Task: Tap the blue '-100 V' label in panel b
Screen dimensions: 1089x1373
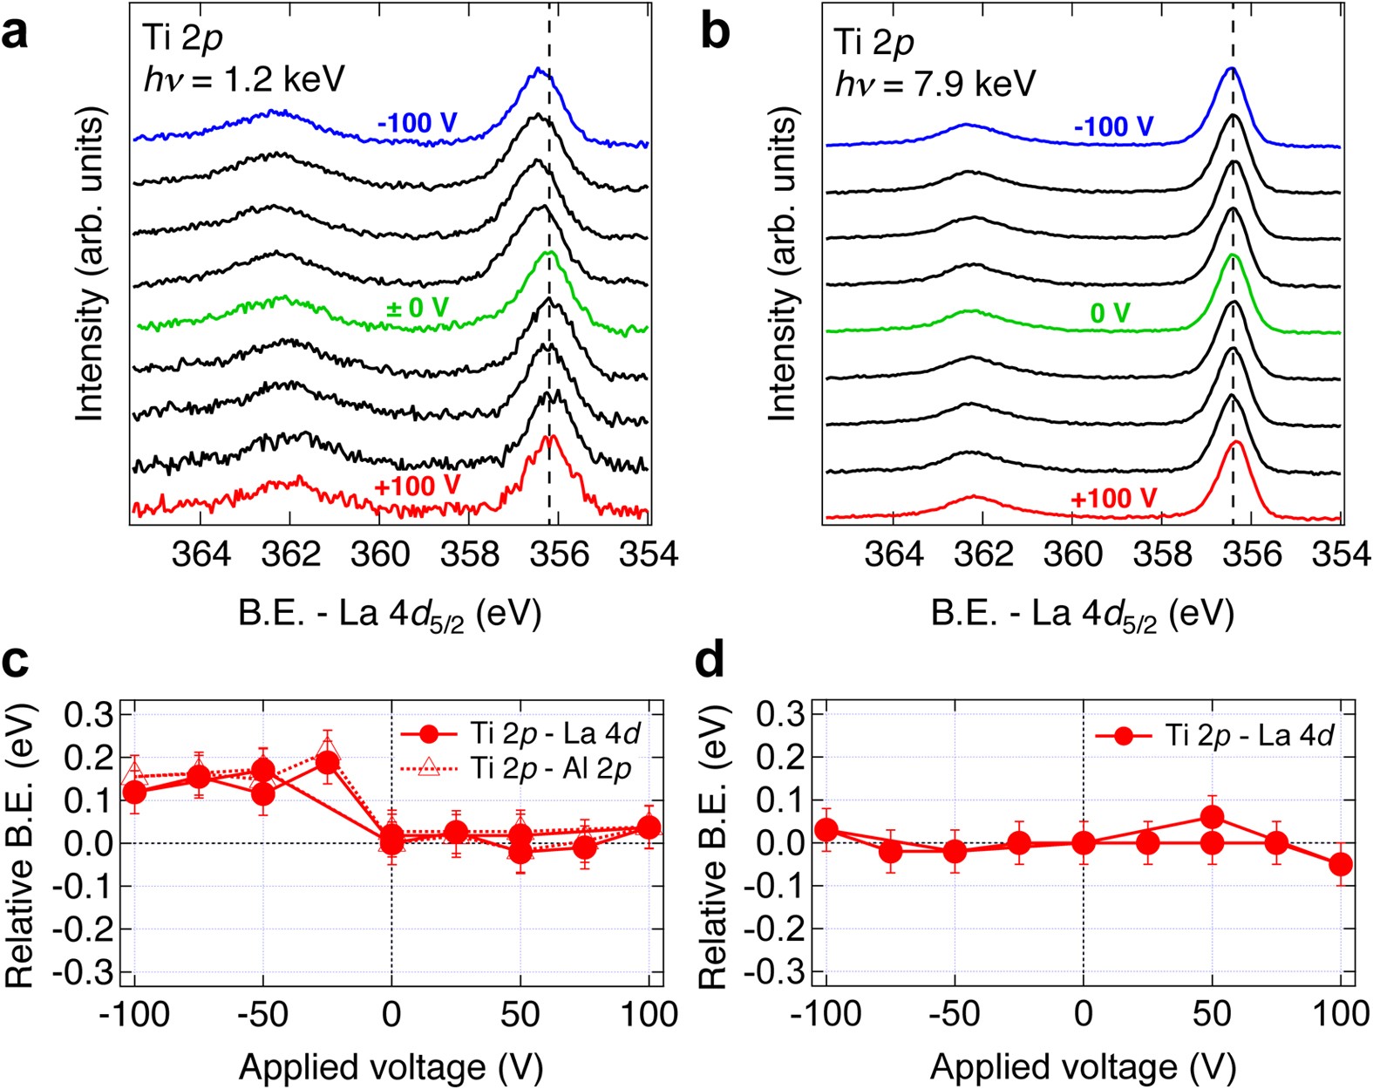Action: coord(1113,127)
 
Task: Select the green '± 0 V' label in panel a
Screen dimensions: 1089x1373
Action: coord(417,308)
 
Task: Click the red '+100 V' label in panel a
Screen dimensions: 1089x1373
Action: coord(417,486)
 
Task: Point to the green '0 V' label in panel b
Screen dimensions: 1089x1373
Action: coord(1110,313)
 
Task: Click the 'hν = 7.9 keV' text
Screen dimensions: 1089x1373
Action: coord(935,85)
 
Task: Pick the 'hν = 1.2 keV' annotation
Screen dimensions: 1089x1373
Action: coord(243,79)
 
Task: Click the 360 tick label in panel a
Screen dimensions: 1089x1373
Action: coord(378,555)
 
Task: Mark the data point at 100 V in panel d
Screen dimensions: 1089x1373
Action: coord(1341,865)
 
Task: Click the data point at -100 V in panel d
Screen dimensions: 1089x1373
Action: coord(826,830)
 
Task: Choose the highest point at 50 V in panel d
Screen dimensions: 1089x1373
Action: coord(1212,817)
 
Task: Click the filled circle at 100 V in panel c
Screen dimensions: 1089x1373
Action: coord(648,827)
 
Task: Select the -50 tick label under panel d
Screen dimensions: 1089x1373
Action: coord(955,1014)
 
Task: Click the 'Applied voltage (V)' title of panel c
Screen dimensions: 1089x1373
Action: coord(390,1066)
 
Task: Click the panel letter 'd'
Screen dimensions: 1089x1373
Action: coord(712,662)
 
